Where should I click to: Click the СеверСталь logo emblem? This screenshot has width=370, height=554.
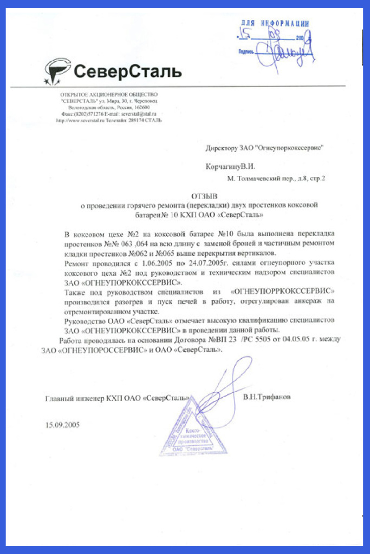click(x=59, y=71)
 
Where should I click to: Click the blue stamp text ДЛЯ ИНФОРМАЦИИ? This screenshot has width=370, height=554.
click(x=275, y=23)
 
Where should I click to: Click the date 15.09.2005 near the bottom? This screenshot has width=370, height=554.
click(x=63, y=425)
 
